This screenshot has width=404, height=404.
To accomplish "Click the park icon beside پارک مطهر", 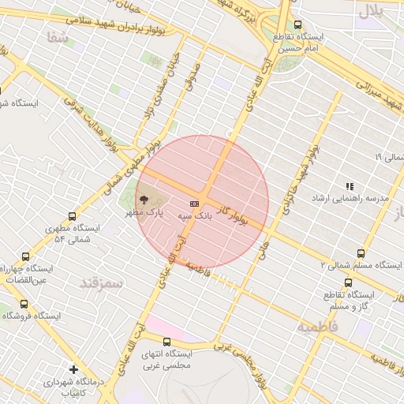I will coord(144,200).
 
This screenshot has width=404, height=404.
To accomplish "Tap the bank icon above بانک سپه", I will coord(194,204).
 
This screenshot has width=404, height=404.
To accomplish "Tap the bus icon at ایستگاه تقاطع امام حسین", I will coord(297,25).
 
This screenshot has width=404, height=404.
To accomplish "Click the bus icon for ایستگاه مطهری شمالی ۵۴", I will coord(73,216).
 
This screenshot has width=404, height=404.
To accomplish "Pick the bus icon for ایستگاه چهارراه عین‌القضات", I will coord(25,256).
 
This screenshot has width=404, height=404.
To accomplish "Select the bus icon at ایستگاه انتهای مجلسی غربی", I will coord(166,342).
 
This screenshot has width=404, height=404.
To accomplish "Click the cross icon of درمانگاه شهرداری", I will coord(73,369).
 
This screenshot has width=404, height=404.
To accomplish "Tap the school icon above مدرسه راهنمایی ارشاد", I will coord(350,186).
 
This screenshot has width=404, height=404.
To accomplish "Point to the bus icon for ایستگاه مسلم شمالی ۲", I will coord(361,253).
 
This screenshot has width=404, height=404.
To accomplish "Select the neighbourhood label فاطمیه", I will coord(318,326).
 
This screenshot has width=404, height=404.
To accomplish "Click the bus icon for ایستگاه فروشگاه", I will coord(23,304).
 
